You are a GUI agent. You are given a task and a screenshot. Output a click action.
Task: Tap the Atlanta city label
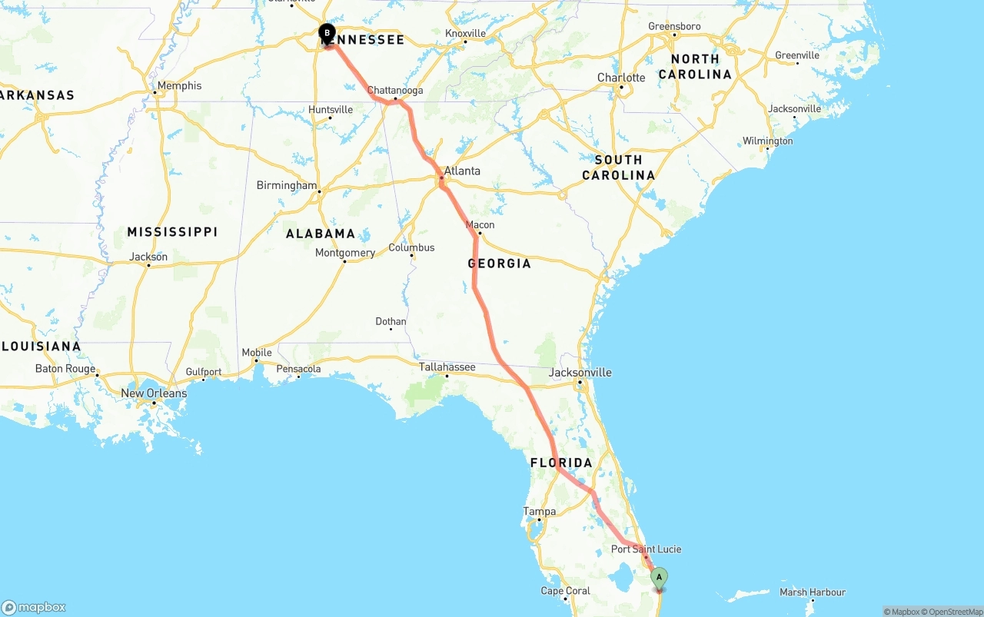point(462,171)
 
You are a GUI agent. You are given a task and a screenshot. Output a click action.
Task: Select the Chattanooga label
point(395,90)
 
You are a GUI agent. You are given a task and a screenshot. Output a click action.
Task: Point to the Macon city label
point(480,225)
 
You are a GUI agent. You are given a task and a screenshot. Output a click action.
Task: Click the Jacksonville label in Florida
point(580,373)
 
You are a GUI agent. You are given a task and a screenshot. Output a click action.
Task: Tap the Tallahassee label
point(447,367)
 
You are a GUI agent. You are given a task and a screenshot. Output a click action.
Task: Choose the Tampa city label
point(539,511)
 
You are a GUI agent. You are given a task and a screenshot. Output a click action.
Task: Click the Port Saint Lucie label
point(646,549)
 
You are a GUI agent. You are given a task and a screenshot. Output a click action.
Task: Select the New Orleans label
point(154,393)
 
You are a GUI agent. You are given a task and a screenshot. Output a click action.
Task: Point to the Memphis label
point(178,85)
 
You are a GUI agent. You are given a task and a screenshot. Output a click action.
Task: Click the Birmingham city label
point(286,185)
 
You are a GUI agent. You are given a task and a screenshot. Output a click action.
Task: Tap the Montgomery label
point(345,253)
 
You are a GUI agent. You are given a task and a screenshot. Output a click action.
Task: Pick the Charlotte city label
point(621,78)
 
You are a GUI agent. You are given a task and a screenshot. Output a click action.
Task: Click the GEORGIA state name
point(500,264)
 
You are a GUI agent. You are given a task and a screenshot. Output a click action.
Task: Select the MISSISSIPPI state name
point(172,232)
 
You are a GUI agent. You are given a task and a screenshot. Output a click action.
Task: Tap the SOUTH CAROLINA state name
point(619,168)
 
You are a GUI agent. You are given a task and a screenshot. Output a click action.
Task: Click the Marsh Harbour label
point(813,592)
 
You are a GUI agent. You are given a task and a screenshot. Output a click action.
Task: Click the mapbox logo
point(34,607)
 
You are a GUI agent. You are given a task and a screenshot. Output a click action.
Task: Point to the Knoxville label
point(465,33)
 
